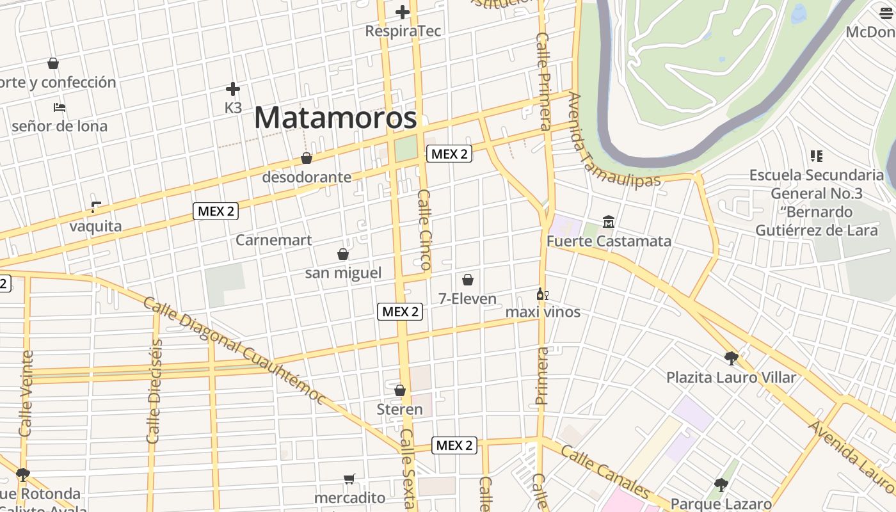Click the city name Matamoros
335,118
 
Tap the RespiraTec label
403,31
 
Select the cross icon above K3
233,89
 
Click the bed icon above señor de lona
60,108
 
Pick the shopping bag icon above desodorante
307,158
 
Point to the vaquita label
95,226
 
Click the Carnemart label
274,240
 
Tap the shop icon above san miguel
343,254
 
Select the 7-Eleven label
468,299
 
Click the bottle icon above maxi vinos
542,294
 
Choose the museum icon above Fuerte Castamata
609,222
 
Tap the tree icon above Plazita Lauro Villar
731,358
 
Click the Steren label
400,410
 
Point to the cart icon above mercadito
349,479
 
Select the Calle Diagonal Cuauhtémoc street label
234,349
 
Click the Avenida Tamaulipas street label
613,141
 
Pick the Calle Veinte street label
26,394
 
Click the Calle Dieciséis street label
154,390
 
